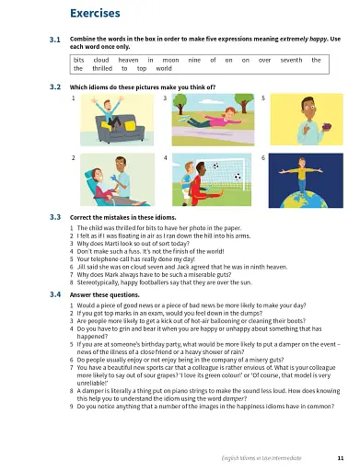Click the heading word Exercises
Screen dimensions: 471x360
tap(95, 15)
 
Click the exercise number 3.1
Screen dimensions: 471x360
tap(54, 40)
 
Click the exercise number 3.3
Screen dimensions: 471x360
tap(54, 217)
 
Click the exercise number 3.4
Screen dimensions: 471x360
tap(54, 295)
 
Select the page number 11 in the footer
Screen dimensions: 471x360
tap(341, 457)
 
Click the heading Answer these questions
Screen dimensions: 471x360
tap(105, 295)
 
